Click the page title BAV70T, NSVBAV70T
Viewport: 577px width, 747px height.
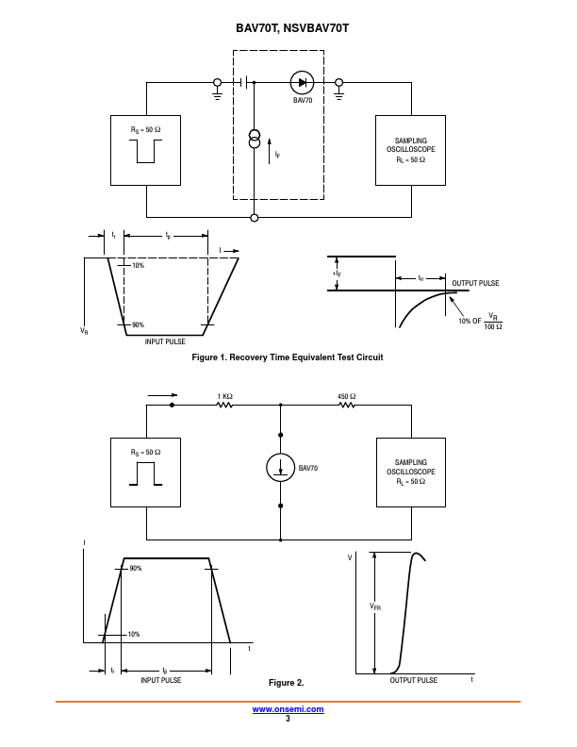(288, 29)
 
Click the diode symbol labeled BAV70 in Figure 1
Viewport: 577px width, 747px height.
(302, 82)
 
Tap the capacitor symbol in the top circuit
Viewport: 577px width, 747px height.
(247, 82)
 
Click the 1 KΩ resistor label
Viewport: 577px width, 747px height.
(225, 396)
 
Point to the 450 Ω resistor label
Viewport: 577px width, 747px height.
(346, 396)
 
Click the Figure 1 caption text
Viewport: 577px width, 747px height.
(288, 357)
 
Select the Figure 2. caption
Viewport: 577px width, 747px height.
(287, 682)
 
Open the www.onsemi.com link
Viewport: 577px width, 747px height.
(288, 709)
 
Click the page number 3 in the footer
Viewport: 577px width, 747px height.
(288, 719)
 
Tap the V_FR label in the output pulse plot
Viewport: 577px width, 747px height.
(375, 607)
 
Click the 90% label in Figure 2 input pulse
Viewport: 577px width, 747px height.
(136, 569)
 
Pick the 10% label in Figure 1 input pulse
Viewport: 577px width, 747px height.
(138, 266)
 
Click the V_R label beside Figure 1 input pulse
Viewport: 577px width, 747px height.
(84, 332)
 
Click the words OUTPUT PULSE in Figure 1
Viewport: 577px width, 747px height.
(475, 283)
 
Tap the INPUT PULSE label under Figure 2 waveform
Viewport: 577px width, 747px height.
(161, 680)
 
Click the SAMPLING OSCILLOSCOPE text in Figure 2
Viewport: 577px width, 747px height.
(411, 467)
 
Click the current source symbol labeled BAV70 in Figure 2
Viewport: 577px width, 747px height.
(280, 468)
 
